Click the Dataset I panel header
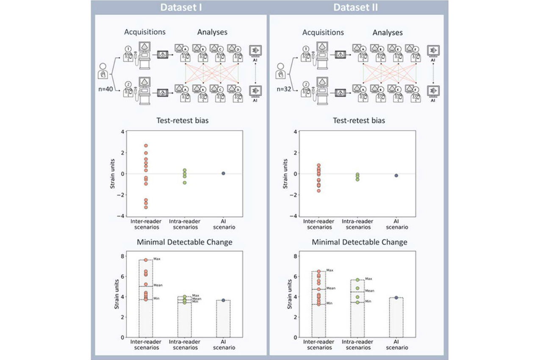point(177,7)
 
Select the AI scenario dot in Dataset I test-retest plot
point(223,173)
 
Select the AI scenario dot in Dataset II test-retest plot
point(396,175)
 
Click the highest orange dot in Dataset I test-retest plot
point(146,146)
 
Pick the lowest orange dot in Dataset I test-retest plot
point(146,207)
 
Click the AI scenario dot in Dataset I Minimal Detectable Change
point(223,300)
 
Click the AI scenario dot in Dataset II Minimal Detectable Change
point(396,298)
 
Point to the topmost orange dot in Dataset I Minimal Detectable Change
point(146,260)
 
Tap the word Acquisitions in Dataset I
point(145,32)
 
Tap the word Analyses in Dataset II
point(388,32)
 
